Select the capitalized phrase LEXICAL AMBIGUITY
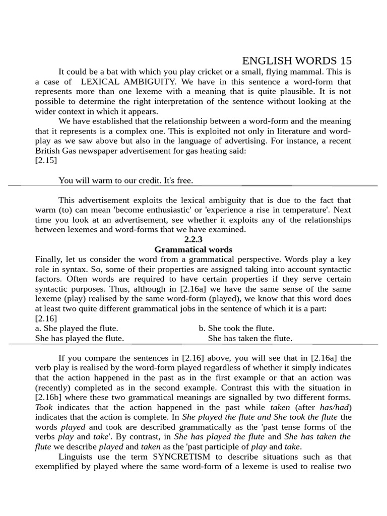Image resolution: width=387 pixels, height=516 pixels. coord(128,82)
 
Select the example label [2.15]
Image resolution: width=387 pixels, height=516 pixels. coord(46,161)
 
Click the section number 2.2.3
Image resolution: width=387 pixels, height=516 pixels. coord(193,239)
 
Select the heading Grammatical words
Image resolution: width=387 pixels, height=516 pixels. coord(193,249)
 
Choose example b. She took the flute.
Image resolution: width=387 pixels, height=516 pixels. coord(236,329)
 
